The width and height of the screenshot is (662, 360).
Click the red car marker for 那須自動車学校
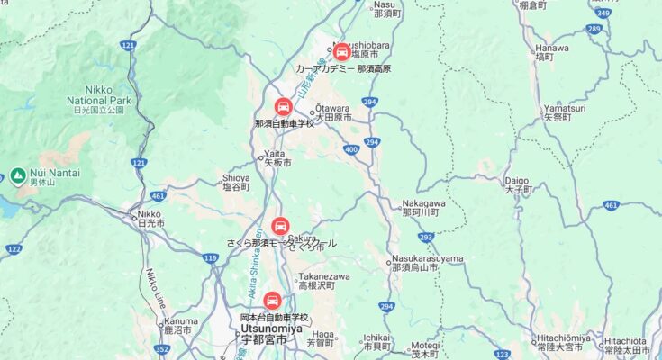click(284, 108)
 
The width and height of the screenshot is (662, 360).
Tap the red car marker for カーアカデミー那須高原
click(341, 51)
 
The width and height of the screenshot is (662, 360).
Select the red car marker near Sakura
click(280, 226)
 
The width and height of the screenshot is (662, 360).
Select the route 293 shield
click(426, 238)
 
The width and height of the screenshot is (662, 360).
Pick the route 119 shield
click(210, 258)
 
